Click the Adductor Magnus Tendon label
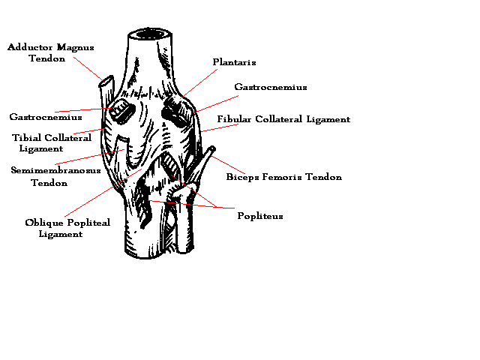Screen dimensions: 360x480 50,52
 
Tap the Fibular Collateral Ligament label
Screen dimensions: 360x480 283,119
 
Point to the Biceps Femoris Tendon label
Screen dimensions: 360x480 283,178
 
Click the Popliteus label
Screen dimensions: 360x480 259,216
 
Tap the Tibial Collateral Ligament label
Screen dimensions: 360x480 52,142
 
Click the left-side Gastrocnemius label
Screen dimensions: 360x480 45,117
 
